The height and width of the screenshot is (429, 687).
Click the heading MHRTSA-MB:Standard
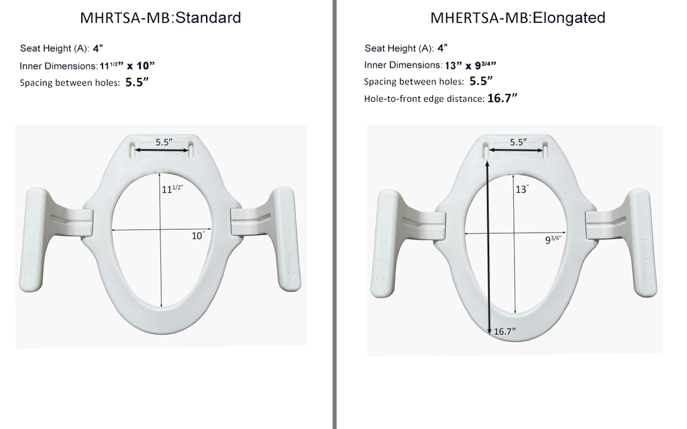pyautogui.click(x=160, y=17)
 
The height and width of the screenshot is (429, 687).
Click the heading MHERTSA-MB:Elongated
pyautogui.click(x=517, y=17)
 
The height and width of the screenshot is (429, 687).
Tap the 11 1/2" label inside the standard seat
pyautogui.click(x=172, y=188)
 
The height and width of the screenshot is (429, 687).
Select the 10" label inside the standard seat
pyautogui.click(x=198, y=236)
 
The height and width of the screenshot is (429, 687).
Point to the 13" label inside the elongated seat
pyautogui.click(x=522, y=189)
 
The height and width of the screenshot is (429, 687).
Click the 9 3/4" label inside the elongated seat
pyautogui.click(x=553, y=239)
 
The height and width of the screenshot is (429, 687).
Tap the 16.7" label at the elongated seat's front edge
pyautogui.click(x=505, y=331)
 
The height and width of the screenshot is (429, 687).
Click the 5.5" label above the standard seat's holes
pyautogui.click(x=164, y=142)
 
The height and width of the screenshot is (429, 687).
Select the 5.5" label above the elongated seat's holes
pyautogui.click(x=519, y=142)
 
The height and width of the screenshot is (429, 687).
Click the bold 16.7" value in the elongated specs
pyautogui.click(x=502, y=98)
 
